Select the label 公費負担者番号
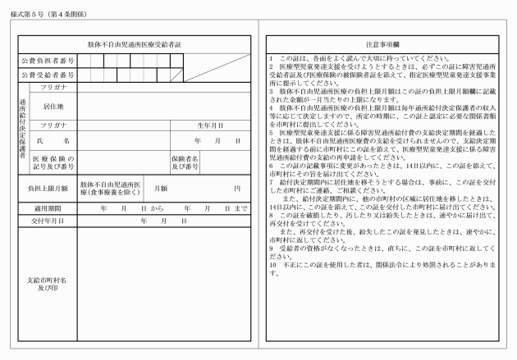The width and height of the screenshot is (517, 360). [48, 61]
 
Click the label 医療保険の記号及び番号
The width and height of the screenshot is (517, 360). [53, 163]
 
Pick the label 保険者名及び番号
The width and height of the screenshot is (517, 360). [185, 163]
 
